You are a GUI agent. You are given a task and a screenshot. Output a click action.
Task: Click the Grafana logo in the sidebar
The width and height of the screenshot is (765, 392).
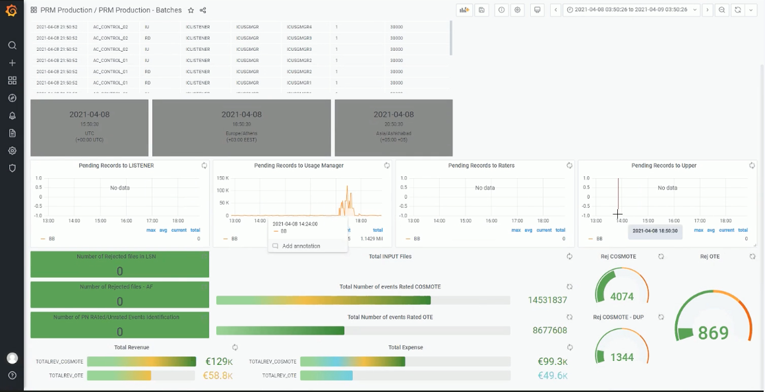pos(11,10)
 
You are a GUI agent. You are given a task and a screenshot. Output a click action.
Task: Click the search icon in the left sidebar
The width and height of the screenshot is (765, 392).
pos(12,46)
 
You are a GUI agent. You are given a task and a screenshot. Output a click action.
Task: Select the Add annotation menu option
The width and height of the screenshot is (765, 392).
pos(301,246)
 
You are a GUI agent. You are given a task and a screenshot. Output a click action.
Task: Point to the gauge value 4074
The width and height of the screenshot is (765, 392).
pos(622,296)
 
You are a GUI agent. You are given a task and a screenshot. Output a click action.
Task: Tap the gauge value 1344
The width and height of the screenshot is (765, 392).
pos(622,357)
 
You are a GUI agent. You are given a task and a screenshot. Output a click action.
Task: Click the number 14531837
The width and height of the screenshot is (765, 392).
pos(547,300)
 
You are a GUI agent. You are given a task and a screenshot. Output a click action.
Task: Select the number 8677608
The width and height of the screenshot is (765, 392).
pos(549,331)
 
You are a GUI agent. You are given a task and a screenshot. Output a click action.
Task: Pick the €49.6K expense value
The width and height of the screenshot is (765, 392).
pos(552,376)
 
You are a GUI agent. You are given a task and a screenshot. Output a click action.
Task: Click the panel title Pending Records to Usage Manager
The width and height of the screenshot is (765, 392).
pos(299,166)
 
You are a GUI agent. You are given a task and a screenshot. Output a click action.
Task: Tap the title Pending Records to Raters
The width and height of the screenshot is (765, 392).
pos(481,166)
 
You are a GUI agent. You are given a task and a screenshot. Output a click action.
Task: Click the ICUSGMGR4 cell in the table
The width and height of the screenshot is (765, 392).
pos(299,27)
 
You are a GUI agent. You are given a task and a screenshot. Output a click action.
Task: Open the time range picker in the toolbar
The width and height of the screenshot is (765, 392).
pos(631,10)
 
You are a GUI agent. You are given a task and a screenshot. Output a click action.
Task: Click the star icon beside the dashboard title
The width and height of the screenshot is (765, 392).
pos(191,11)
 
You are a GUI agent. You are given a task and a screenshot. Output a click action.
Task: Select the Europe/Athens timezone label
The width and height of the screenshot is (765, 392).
pos(241,133)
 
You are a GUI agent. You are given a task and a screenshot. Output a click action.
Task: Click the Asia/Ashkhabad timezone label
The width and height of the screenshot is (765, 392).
pos(394,133)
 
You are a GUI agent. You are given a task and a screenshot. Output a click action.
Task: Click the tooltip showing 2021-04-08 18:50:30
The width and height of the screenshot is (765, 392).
pos(654,230)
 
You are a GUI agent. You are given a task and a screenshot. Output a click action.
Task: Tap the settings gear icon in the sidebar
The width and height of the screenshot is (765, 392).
pos(12,150)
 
